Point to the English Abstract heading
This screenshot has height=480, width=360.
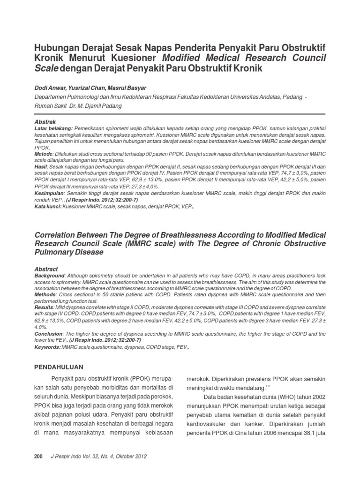pyautogui.click(x=46, y=270)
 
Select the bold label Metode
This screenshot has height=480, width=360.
pyautogui.click(x=44, y=154)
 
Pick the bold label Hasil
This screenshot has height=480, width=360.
pyautogui.click(x=41, y=166)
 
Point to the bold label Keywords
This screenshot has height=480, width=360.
pyautogui.click(x=48, y=347)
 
